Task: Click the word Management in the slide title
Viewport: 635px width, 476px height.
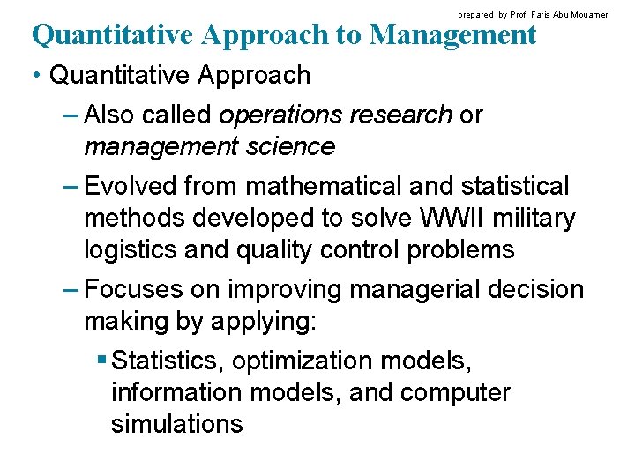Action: (x=453, y=34)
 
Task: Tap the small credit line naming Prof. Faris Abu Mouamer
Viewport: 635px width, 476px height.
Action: (x=533, y=15)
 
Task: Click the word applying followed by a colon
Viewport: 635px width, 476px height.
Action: (x=263, y=322)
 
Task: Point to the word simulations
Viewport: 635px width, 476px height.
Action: (x=176, y=424)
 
